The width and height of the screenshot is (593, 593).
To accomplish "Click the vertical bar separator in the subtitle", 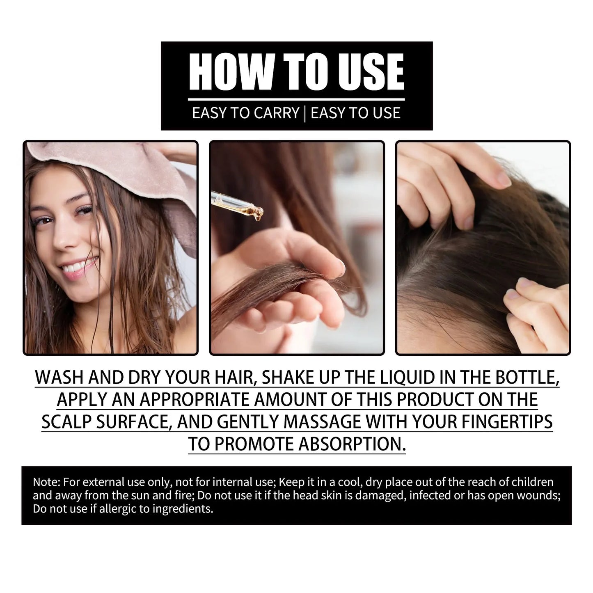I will pyautogui.click(x=305, y=113).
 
